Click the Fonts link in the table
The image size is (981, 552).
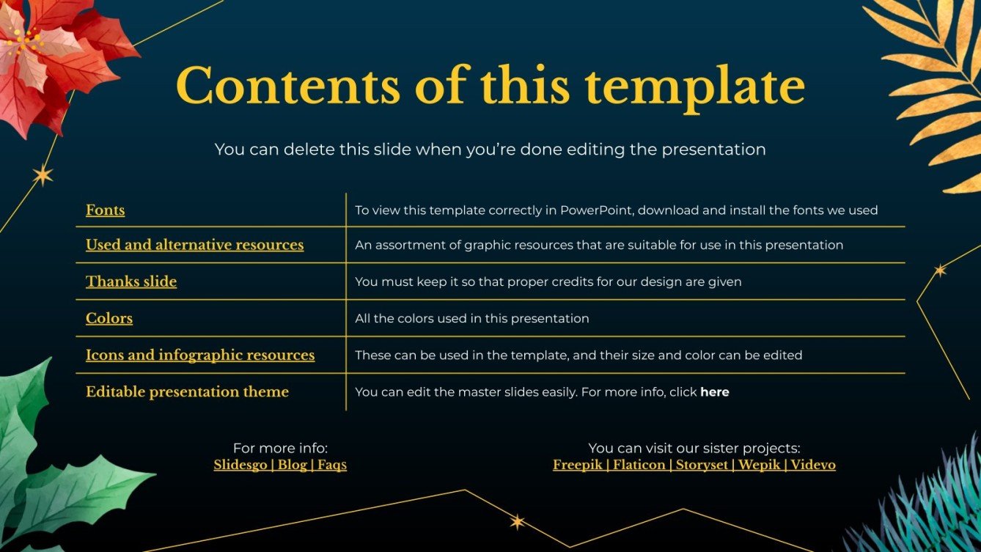[105, 210]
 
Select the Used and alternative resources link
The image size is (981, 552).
[194, 245]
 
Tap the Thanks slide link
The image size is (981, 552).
[131, 281]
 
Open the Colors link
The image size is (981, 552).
[109, 318]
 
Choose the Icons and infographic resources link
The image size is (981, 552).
[200, 355]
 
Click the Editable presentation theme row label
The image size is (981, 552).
[187, 391]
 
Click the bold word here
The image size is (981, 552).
[714, 392]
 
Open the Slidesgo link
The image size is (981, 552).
[240, 465]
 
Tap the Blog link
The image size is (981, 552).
[292, 465]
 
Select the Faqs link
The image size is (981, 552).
[332, 465]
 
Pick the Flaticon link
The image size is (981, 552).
[639, 465]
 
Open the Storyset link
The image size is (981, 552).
[702, 465]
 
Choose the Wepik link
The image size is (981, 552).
[760, 465]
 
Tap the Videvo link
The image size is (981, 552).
[813, 465]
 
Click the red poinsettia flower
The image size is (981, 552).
[51, 59]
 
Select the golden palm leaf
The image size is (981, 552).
[935, 88]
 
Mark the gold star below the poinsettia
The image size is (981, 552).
[43, 175]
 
